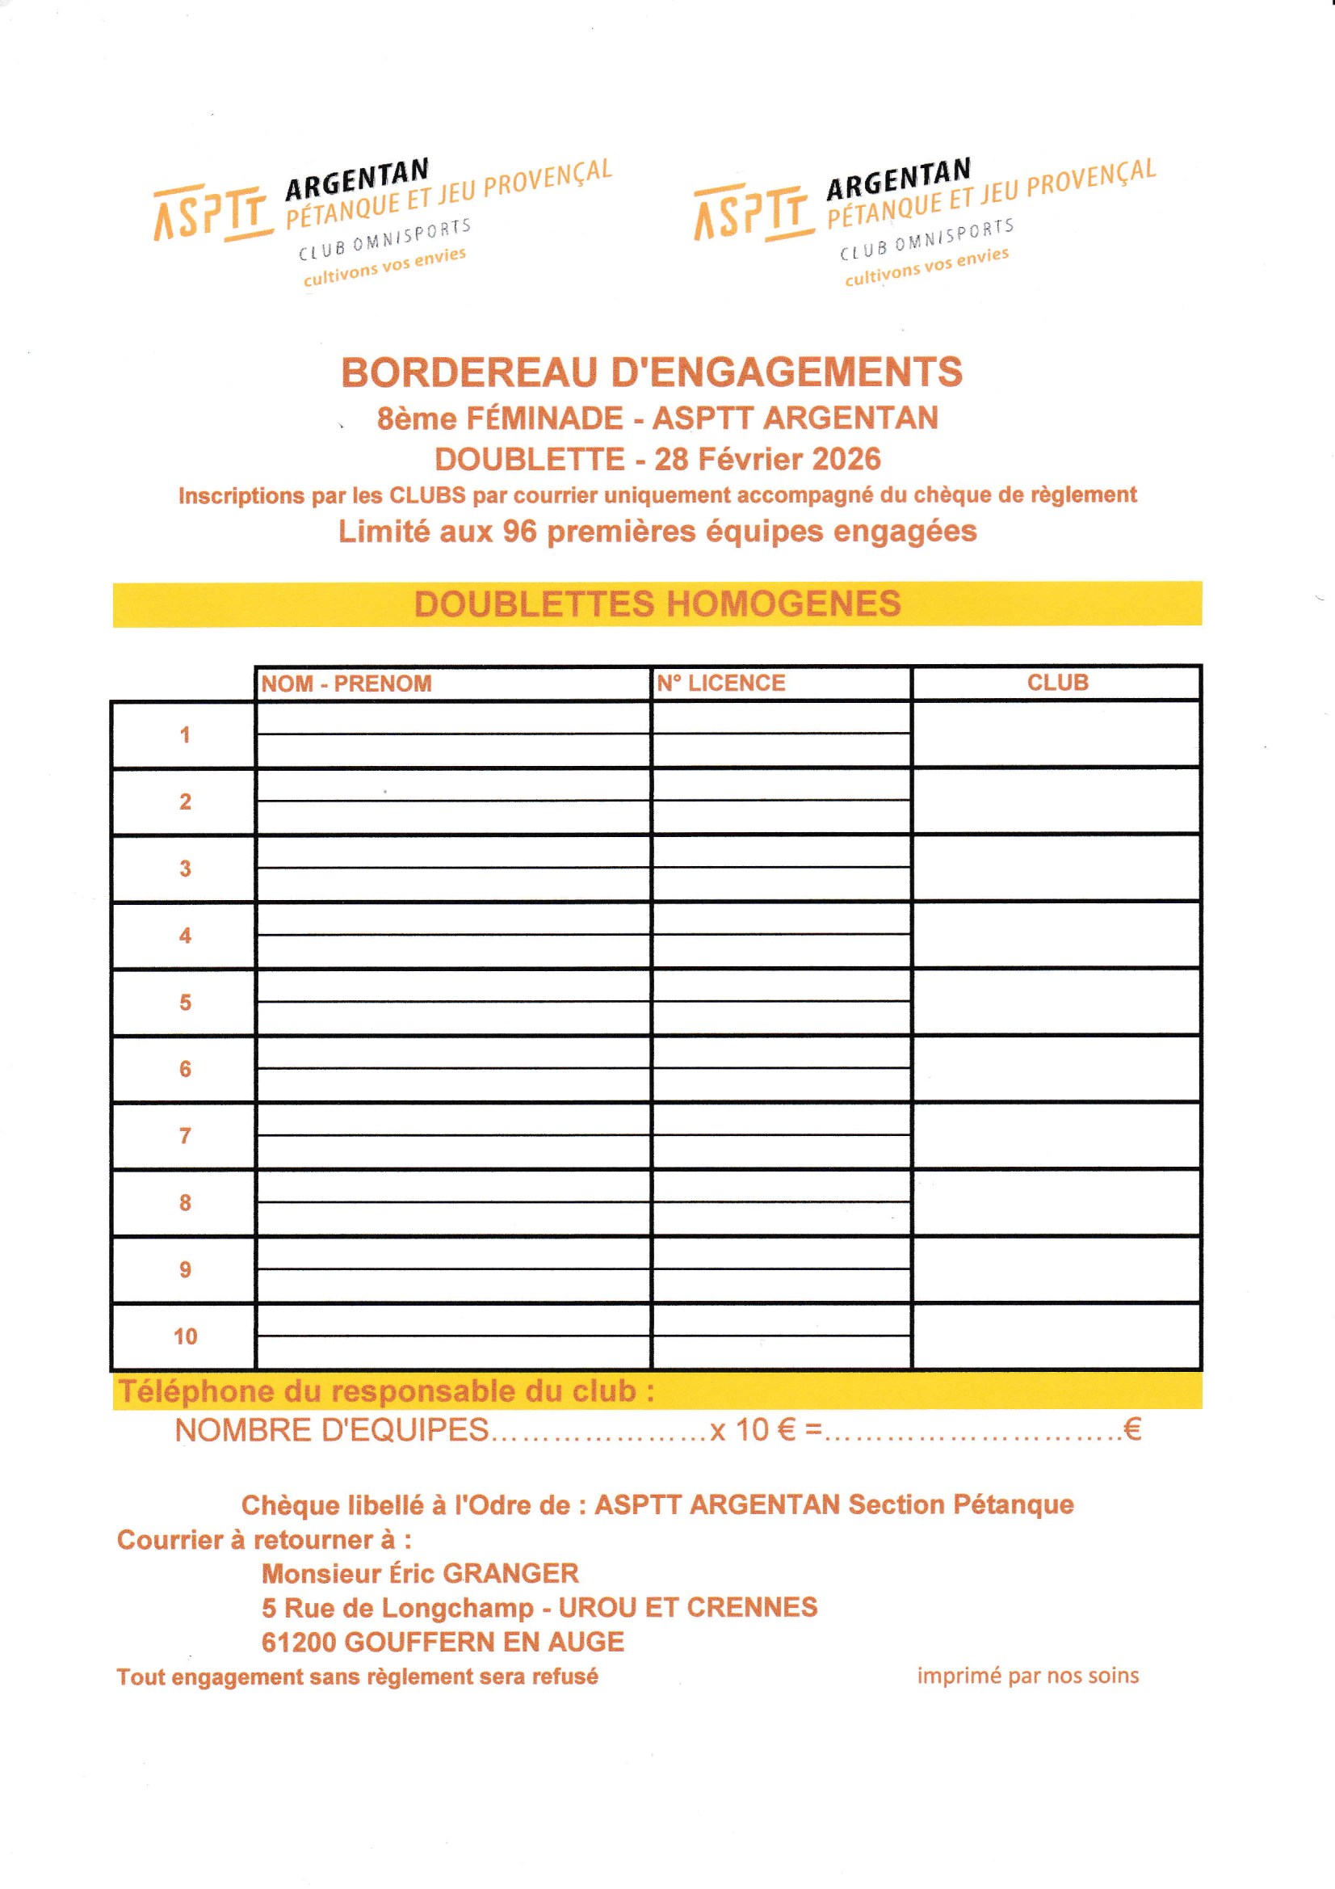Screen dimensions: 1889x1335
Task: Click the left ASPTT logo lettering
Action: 212,213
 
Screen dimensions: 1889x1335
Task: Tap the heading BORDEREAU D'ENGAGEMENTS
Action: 652,372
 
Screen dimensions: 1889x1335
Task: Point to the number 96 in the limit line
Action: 519,532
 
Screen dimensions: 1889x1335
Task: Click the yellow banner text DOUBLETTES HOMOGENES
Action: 657,604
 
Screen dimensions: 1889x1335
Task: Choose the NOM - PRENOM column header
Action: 346,684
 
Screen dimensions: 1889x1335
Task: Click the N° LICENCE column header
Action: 720,683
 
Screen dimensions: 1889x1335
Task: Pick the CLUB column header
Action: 1057,682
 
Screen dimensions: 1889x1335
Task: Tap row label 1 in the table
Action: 185,734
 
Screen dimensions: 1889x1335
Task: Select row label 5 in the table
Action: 185,1002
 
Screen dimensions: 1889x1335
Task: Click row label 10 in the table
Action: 185,1337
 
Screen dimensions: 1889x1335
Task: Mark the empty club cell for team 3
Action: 1056,868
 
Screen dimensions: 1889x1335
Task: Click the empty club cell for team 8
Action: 1056,1203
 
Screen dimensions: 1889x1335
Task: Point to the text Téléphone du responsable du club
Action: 387,1391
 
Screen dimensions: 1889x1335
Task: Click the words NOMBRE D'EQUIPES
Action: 331,1431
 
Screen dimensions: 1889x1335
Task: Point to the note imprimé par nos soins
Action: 1027,1676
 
